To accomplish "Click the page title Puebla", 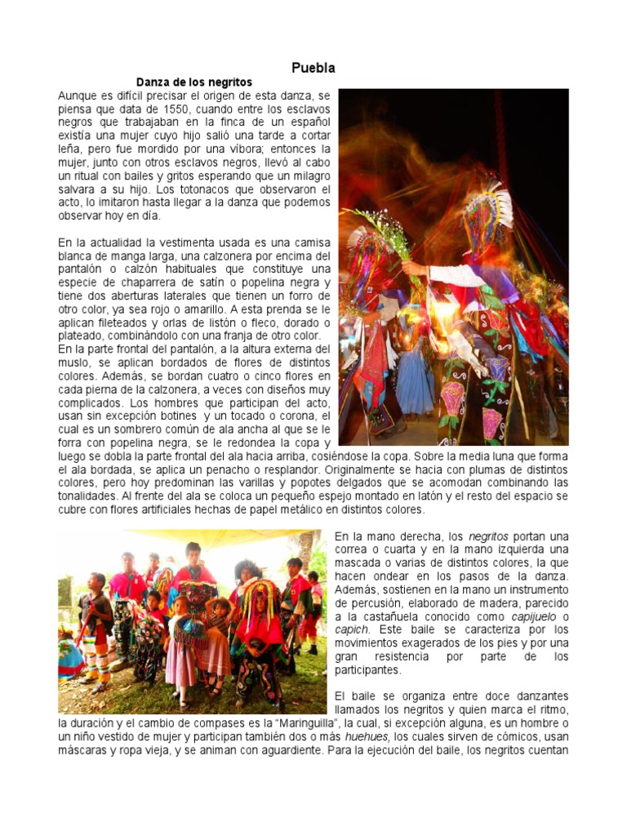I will [313, 68].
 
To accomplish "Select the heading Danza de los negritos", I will [194, 82].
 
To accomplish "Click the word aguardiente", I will [283, 749].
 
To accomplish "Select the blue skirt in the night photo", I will [415, 382].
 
